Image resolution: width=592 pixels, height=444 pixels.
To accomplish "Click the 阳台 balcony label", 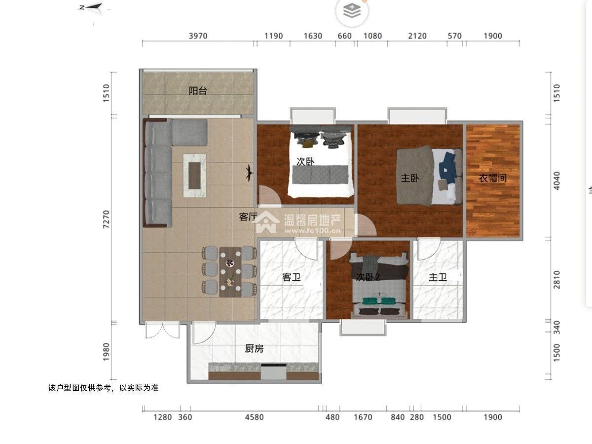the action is click(x=198, y=91).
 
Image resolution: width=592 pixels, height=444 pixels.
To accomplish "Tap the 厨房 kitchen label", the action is click(x=254, y=349).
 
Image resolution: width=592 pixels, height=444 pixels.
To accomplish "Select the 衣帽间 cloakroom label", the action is click(x=492, y=178).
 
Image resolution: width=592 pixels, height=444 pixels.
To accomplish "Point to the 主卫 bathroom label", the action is click(x=438, y=277).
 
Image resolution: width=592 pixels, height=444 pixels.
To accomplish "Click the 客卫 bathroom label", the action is click(x=291, y=277).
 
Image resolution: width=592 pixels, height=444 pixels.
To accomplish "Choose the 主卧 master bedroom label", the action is click(x=410, y=178).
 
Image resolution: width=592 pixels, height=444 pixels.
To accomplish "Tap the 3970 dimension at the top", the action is click(x=198, y=36).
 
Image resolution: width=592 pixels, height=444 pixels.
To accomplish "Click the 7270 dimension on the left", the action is click(x=107, y=219).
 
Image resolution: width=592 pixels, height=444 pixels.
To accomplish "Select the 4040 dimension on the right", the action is click(x=556, y=181).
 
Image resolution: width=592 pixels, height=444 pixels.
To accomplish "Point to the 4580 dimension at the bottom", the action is click(x=254, y=417).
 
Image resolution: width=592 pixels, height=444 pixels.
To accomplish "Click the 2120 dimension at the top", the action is click(x=417, y=36).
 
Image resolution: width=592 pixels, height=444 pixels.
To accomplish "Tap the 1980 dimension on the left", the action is click(x=107, y=352).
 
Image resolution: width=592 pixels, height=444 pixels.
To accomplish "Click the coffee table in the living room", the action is click(x=194, y=176).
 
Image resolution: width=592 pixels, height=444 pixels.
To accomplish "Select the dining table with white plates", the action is click(x=230, y=272).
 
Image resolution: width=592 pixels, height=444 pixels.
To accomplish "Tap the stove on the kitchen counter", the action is click(x=273, y=371).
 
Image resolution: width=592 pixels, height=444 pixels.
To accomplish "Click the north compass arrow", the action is click(x=93, y=8).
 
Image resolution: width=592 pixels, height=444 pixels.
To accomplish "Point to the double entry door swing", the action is click(x=163, y=330).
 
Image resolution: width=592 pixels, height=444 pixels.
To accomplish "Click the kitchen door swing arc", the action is click(x=204, y=333).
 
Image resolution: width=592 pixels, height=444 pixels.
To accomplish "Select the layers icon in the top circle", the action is click(x=352, y=11).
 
